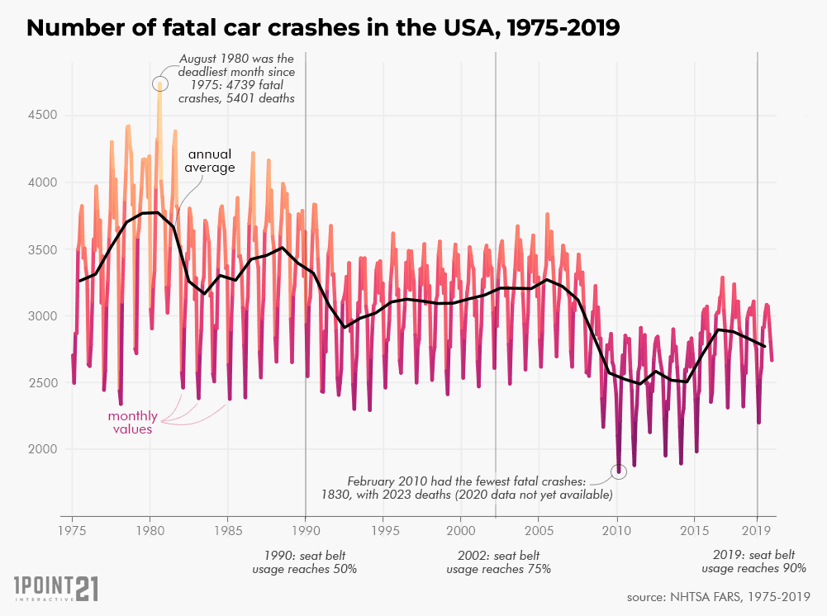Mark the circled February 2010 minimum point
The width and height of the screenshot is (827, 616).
coord(618,471)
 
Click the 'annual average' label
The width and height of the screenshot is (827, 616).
coord(210,161)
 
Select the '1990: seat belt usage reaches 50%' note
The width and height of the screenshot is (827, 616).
coord(305,562)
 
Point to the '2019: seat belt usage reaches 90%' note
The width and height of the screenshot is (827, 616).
coord(753,562)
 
